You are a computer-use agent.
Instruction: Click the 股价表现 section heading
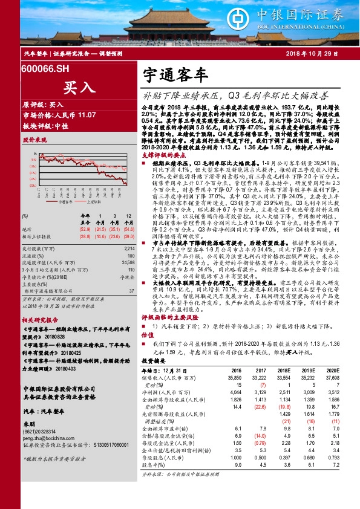[x=34, y=139]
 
